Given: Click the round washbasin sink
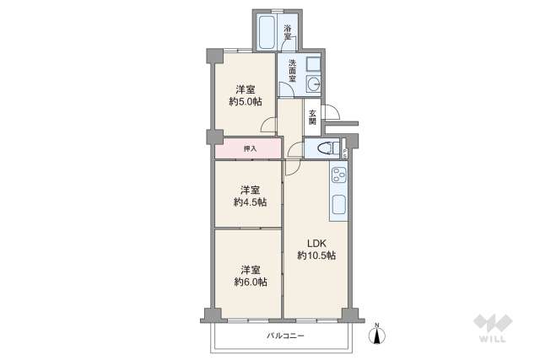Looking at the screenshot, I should pyautogui.click(x=315, y=83).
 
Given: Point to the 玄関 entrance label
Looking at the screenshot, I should pyautogui.click(x=312, y=117).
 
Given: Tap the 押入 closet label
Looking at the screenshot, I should pyautogui.click(x=250, y=149).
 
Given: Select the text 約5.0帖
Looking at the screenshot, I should pyautogui.click(x=246, y=102).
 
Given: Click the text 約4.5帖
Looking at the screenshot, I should pyautogui.click(x=250, y=201).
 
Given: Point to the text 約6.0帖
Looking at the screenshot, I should pyautogui.click(x=250, y=282).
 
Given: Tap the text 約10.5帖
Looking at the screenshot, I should pyautogui.click(x=316, y=255).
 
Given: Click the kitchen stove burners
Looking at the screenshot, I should pyautogui.click(x=338, y=177).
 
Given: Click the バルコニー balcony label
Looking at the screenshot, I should pyautogui.click(x=285, y=336).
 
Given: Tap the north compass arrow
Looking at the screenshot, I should pyautogui.click(x=377, y=335).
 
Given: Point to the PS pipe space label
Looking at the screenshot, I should pyautogui.click(x=345, y=153).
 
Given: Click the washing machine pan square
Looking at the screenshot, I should pyautogui.click(x=314, y=63).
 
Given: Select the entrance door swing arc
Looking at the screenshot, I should pyautogui.click(x=332, y=112).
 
